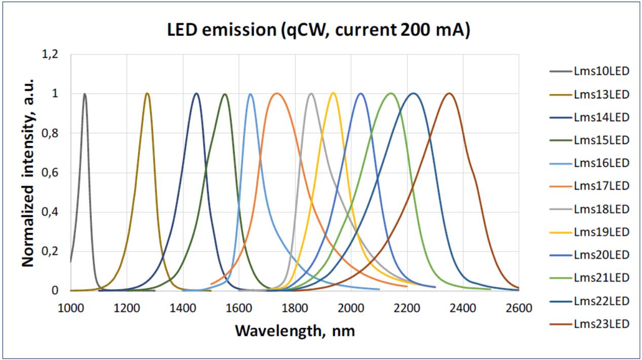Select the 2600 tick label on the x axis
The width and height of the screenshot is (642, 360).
(519, 308)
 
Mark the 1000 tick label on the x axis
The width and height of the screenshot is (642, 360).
(70, 308)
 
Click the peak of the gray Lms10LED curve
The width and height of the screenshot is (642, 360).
(85, 94)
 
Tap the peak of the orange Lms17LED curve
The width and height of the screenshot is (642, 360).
(276, 93)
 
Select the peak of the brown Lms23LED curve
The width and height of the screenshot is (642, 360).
(449, 93)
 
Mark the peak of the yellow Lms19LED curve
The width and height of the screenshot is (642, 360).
(333, 93)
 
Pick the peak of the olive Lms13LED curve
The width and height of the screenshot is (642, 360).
(147, 93)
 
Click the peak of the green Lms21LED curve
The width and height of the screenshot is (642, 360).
(391, 93)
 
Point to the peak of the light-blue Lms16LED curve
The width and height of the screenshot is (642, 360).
(250, 94)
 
